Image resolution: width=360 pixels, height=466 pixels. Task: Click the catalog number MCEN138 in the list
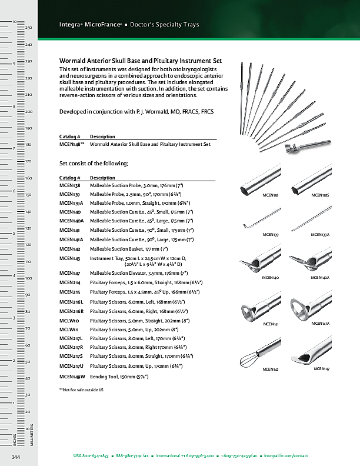point(70,185)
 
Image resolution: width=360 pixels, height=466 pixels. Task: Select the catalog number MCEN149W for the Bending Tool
point(72,375)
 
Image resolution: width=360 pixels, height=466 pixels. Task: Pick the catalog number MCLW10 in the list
point(69,321)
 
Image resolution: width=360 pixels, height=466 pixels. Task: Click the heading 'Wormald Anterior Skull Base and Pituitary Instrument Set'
point(141,61)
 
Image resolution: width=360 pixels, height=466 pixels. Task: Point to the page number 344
point(16,457)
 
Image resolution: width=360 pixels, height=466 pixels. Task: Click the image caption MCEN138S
point(320,194)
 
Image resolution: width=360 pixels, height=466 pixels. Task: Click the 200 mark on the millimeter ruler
point(28,112)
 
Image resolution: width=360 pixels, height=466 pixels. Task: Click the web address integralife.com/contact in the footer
point(286,456)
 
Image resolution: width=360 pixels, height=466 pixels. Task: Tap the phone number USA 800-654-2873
point(91,456)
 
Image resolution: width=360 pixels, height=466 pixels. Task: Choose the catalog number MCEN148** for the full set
point(72,144)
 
